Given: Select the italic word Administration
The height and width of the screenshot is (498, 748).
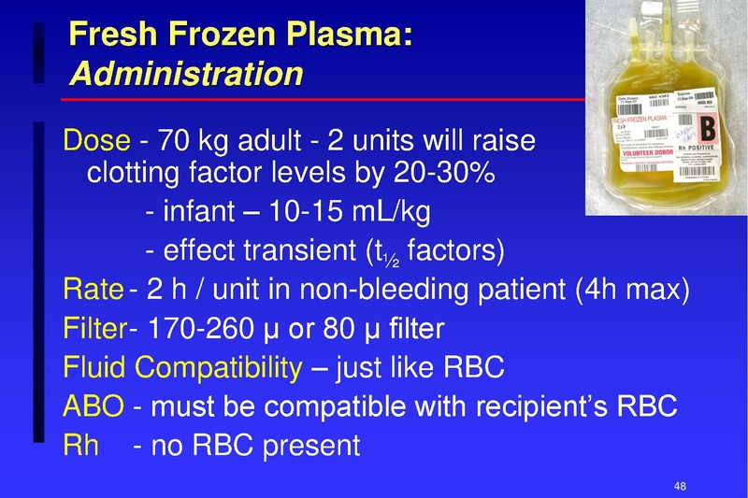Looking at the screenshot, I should (186, 74).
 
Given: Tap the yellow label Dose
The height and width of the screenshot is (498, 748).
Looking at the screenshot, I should (95, 142).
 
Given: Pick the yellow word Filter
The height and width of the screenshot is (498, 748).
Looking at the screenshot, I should (93, 328).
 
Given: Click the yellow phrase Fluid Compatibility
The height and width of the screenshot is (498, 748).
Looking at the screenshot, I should (182, 367).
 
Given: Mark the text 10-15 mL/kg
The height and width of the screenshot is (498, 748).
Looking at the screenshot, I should (349, 213).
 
